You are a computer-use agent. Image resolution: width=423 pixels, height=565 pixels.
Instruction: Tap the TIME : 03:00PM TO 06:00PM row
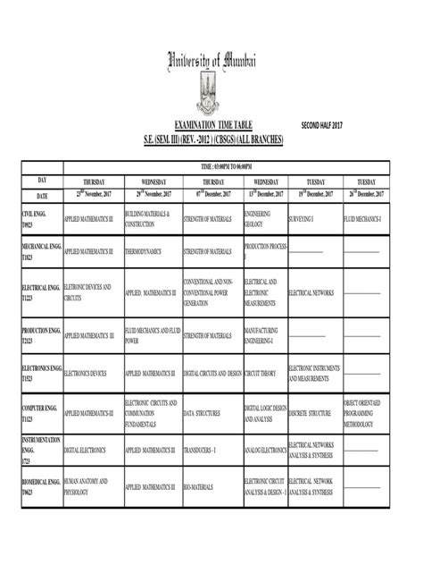point(226,166)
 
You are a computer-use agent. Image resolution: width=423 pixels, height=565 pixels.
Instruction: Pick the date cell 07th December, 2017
point(212,194)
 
